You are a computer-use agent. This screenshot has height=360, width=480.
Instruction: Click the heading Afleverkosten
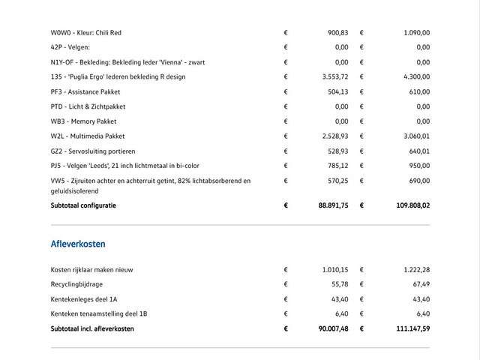78,244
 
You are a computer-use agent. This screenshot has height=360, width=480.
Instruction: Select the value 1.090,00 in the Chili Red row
414,33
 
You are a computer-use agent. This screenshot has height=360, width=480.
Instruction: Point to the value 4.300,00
414,76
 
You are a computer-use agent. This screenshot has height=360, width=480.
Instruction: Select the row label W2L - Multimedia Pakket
88,136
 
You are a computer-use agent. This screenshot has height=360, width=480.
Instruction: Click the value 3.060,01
414,136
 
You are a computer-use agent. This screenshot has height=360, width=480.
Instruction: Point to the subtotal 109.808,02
408,205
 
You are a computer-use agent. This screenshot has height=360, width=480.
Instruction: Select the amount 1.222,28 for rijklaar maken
414,269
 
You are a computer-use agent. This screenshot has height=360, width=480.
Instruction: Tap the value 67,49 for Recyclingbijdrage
420,284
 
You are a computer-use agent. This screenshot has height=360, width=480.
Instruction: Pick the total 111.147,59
409,328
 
